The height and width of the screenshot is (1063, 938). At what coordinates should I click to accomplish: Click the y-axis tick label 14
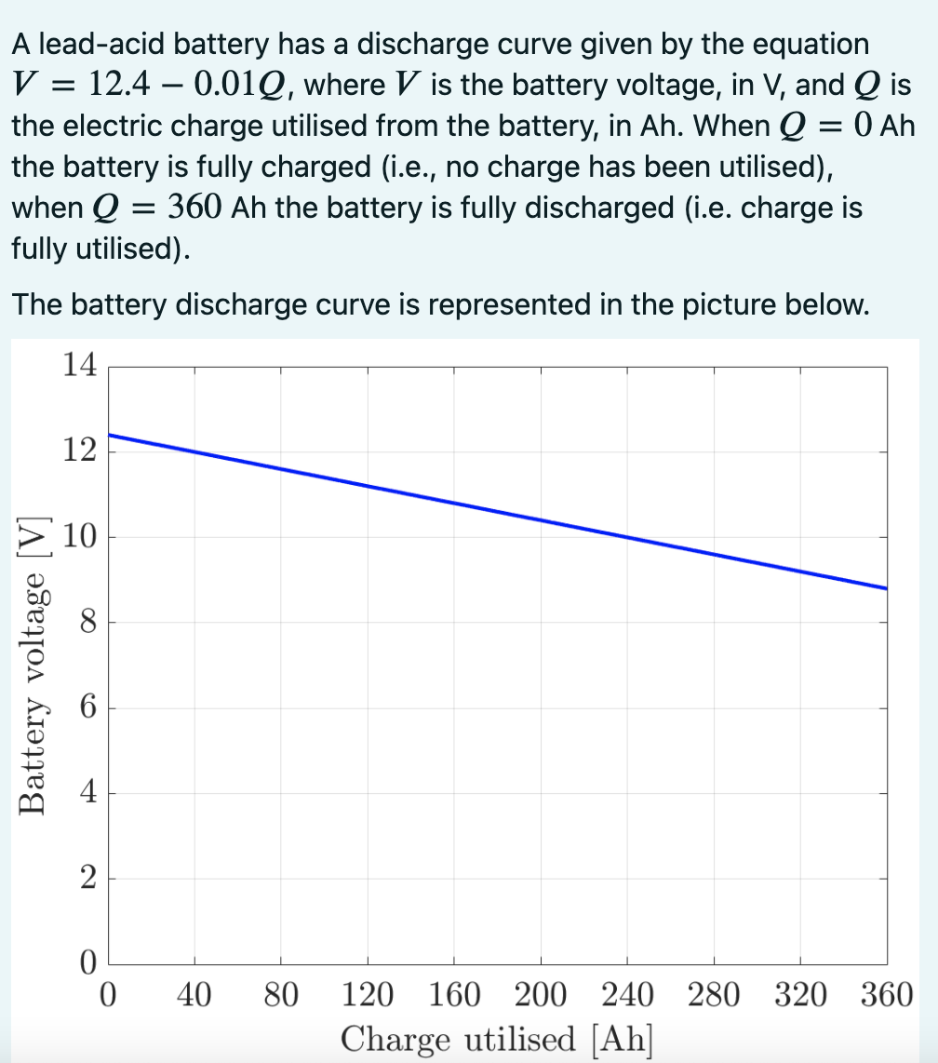tap(80, 365)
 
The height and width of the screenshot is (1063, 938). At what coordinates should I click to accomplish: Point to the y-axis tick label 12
tap(80, 451)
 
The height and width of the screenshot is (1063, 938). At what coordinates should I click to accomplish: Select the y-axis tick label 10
tap(80, 537)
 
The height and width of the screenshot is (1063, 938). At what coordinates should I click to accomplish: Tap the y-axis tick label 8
tap(87, 622)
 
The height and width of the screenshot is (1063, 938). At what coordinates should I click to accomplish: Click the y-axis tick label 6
tap(87, 707)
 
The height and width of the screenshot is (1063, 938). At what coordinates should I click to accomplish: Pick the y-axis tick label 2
tap(87, 879)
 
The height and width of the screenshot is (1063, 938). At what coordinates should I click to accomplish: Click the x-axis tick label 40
tap(194, 995)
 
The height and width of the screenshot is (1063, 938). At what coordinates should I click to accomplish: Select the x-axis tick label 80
tap(280, 995)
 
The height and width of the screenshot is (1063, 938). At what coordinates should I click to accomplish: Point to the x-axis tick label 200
tap(540, 995)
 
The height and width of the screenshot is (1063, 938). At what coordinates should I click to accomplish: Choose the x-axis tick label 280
tap(714, 995)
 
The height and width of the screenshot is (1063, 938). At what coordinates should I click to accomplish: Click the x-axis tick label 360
tap(886, 995)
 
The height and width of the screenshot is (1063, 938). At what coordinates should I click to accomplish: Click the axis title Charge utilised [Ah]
tap(496, 1038)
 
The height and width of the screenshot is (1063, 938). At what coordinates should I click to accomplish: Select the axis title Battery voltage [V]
tap(34, 666)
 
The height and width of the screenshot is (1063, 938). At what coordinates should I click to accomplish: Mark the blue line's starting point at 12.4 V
tap(110, 435)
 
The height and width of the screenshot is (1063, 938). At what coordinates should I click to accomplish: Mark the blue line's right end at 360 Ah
tap(886, 588)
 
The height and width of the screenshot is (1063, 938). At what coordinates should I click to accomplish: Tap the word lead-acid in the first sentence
tap(88, 44)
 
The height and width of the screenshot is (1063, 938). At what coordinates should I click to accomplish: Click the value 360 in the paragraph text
tap(194, 207)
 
